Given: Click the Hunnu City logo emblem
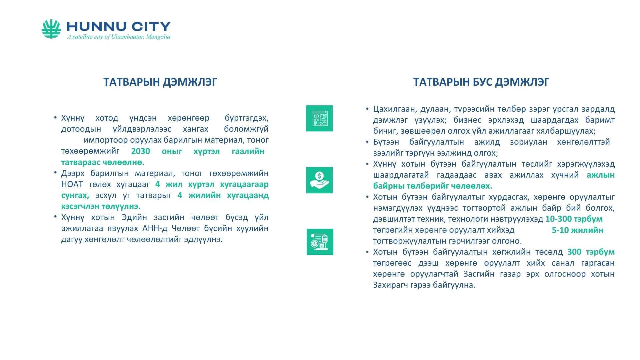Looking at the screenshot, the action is click(51, 29).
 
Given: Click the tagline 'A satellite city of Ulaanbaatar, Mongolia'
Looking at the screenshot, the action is click(119, 37).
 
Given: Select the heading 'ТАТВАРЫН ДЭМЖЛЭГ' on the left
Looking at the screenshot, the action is click(160, 82).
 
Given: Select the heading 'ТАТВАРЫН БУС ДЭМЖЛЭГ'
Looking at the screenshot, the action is click(481, 82).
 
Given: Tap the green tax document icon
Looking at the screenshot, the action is click(319, 118).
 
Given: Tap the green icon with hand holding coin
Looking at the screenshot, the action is click(319, 180).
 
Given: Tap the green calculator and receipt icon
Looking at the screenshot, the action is click(320, 242).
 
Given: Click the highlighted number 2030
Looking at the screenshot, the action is click(140, 151).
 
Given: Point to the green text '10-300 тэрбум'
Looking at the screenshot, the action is click(574, 219).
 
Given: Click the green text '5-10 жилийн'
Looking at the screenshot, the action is click(577, 230).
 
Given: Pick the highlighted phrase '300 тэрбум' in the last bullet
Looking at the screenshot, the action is click(591, 252).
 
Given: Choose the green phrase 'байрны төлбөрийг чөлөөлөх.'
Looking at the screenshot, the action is click(433, 186).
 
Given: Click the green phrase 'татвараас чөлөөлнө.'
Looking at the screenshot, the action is click(103, 162).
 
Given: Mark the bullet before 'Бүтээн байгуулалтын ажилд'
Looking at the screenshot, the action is click(367, 141).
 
